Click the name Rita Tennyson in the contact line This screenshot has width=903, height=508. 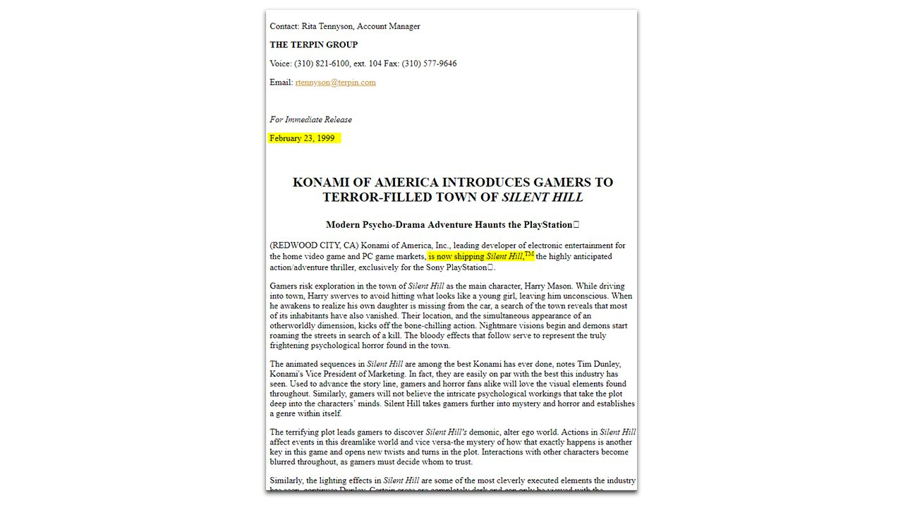(327, 27)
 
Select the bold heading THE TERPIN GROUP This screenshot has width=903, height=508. (313, 45)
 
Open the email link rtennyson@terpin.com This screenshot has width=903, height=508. (335, 83)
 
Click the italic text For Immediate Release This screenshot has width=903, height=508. (310, 120)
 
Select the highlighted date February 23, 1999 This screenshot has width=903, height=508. (302, 138)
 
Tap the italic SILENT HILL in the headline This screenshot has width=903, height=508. (543, 198)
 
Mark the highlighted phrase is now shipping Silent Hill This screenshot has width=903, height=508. (475, 257)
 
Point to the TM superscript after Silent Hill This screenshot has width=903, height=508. (529, 254)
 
